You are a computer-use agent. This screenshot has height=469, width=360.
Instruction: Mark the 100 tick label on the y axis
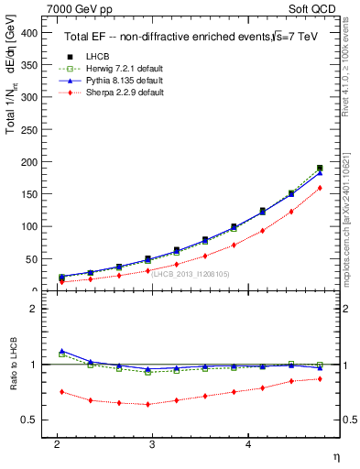click(x=33, y=226)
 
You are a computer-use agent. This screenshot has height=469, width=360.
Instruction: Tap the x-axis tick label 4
click(x=249, y=444)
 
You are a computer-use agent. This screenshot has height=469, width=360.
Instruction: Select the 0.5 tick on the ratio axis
click(x=33, y=420)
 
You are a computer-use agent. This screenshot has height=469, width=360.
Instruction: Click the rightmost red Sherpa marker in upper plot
click(x=319, y=188)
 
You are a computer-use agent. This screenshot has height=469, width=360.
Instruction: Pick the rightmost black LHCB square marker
click(x=319, y=169)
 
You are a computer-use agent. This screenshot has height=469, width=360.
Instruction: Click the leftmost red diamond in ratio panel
click(x=61, y=392)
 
